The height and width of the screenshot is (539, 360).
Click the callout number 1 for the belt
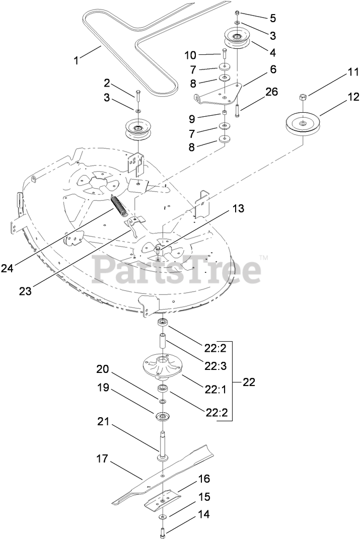77,61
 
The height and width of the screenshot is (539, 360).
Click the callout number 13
238,208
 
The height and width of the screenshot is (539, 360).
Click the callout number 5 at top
272,18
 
